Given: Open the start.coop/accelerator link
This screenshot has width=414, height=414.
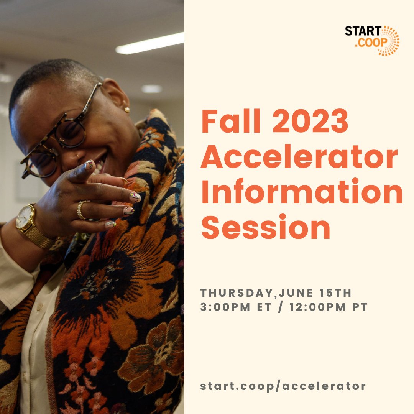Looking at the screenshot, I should [x=283, y=386].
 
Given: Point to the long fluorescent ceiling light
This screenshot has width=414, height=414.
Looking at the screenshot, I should [x=150, y=43].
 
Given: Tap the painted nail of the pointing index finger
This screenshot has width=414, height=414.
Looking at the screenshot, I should [x=89, y=165].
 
